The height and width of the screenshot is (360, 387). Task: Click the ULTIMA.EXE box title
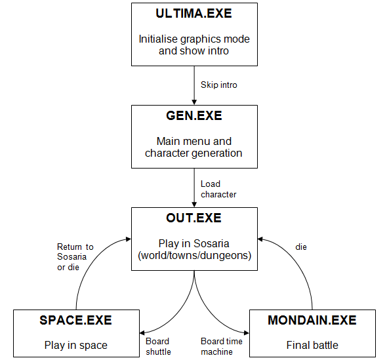[194, 13]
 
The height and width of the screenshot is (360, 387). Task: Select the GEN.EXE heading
[194, 115]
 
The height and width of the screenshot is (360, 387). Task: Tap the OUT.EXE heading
[194, 218]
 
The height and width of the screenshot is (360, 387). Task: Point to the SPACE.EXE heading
[76, 320]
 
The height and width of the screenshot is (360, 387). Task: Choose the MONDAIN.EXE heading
[312, 320]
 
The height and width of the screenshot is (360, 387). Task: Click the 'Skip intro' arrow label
[219, 85]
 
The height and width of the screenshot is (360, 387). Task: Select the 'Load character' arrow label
[218, 190]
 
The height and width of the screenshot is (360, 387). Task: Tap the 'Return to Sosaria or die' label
[75, 256]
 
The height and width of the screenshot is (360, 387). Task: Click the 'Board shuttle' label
[158, 346]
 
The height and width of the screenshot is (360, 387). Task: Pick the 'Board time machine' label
[221, 346]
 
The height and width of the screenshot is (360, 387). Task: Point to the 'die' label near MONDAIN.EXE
[301, 247]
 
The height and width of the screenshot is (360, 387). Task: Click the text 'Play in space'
[76, 345]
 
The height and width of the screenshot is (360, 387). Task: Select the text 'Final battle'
[312, 345]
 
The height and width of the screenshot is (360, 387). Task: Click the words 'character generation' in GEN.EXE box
[194, 153]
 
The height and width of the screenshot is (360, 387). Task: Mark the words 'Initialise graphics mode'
[194, 39]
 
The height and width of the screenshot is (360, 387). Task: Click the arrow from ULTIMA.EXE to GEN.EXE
[194, 85]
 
